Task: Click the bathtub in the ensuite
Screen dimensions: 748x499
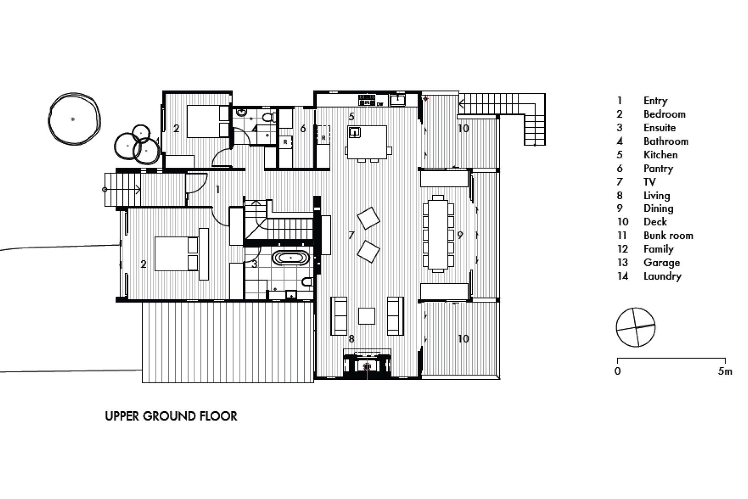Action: (x=291, y=258)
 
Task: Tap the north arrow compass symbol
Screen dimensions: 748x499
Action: (x=635, y=327)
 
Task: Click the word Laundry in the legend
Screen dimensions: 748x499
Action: (x=662, y=276)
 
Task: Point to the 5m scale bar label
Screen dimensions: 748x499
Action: (x=725, y=371)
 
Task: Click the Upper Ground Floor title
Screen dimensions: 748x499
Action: (x=171, y=416)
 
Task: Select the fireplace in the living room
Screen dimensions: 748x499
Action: (x=367, y=363)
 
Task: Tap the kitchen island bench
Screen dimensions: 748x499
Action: (x=367, y=142)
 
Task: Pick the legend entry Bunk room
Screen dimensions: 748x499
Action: (x=668, y=235)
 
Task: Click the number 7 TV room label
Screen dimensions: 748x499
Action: (x=351, y=235)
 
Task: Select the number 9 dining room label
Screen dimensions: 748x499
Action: (x=460, y=235)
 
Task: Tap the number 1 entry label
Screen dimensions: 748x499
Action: (x=217, y=189)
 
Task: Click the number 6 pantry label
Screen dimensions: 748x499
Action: (x=303, y=128)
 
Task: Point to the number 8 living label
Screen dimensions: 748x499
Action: (x=351, y=339)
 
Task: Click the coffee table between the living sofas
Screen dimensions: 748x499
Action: (x=367, y=316)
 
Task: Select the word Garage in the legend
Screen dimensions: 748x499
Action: (x=662, y=263)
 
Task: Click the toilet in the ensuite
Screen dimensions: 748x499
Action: (x=307, y=281)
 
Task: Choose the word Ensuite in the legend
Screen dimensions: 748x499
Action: (x=660, y=128)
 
